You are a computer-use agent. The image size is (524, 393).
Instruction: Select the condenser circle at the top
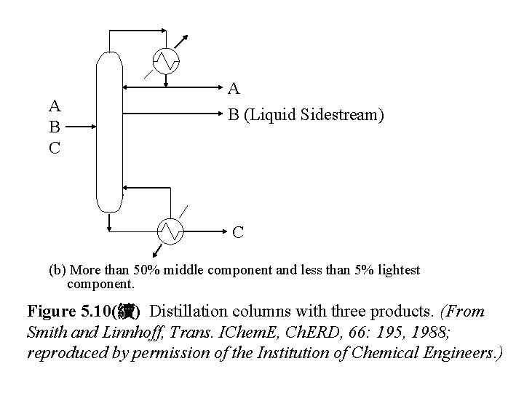click(x=170, y=60)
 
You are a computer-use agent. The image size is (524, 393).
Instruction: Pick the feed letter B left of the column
click(x=53, y=125)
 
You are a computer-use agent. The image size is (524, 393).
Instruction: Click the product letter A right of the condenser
click(x=234, y=90)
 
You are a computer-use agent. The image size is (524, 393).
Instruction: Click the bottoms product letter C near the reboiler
click(x=238, y=233)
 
